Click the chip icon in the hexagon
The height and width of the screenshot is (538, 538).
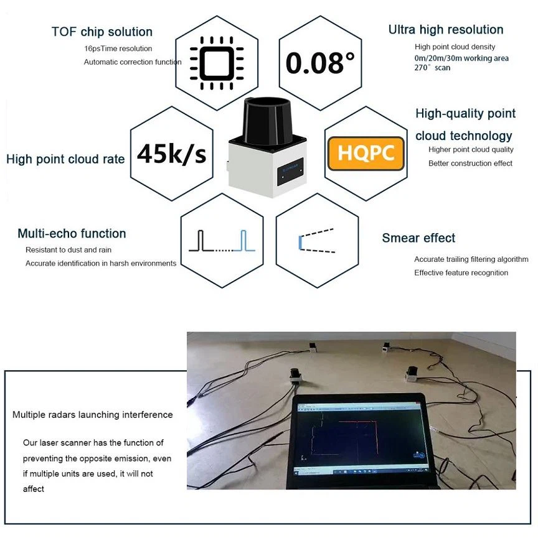coord(217,63)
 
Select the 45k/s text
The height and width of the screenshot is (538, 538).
coord(171,154)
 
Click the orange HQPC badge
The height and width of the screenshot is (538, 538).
coord(366,154)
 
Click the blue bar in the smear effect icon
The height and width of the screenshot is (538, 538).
coord(300,243)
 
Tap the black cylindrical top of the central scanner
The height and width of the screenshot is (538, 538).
coord(267,121)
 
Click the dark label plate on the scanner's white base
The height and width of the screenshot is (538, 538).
coord(290,172)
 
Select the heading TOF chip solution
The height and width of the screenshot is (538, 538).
coord(102,32)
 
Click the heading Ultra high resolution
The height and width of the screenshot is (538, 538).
coord(446,30)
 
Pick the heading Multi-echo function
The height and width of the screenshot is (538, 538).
coord(72,234)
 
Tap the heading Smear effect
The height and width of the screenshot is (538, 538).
coord(418,238)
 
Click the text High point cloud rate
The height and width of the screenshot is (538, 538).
coord(65,159)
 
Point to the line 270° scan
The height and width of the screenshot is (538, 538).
coord(432,68)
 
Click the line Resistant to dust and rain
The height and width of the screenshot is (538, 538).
coord(68,250)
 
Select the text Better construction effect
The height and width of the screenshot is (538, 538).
coord(470,164)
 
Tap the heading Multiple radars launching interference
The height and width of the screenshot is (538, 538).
coord(92,415)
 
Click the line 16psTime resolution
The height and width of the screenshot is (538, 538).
coord(118,49)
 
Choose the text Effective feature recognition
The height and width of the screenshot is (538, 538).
coord(461,273)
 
